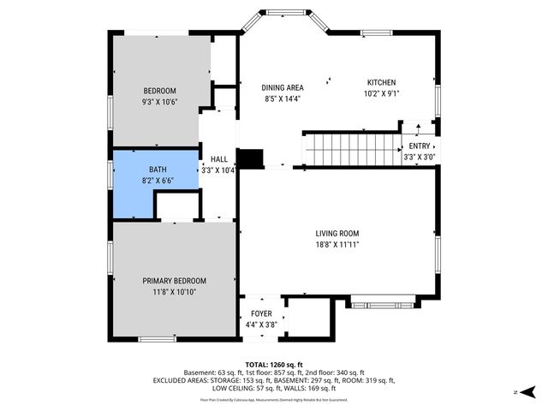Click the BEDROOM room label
pyautogui.click(x=159, y=92)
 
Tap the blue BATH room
pyautogui.click(x=133, y=184)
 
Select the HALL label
pyautogui.click(x=219, y=159)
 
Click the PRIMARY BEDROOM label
pyautogui.click(x=174, y=281)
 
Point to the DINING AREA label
pyautogui.click(x=283, y=87)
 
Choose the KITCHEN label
pyautogui.click(x=381, y=82)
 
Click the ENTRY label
pyautogui.click(x=420, y=146)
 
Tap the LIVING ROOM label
pyautogui.click(x=337, y=234)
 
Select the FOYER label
pyautogui.click(x=261, y=314)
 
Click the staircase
pyautogui.click(x=352, y=150)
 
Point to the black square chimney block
pyautogui.click(x=251, y=158)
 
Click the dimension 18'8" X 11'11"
pyautogui.click(x=337, y=245)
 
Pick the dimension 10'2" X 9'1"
pyautogui.click(x=381, y=93)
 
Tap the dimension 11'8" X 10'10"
pyautogui.click(x=174, y=292)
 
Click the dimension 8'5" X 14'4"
pyautogui.click(x=283, y=98)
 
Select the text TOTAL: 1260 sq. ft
pyautogui.click(x=274, y=364)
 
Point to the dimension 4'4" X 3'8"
pyautogui.click(x=261, y=325)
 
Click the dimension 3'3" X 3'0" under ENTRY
pyautogui.click(x=420, y=158)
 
